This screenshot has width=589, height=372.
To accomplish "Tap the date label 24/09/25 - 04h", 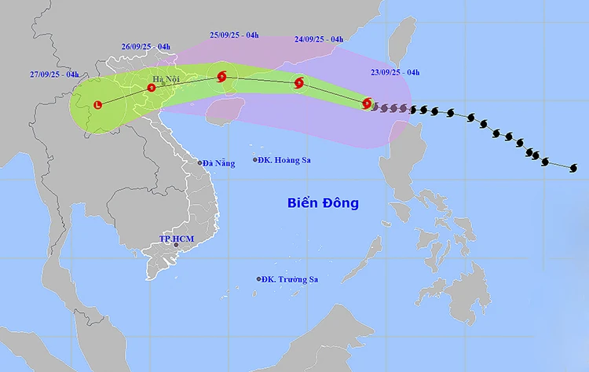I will [x=319, y=38].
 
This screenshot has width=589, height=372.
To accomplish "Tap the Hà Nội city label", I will [x=166, y=78].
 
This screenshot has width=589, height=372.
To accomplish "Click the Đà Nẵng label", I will [x=218, y=163].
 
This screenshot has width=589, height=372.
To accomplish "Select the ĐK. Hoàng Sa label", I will [x=285, y=160].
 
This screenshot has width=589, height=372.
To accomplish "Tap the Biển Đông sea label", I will [x=322, y=203].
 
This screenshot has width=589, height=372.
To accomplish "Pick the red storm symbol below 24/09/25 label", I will [x=299, y=82].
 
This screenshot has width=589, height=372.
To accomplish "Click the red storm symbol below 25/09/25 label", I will [x=221, y=77].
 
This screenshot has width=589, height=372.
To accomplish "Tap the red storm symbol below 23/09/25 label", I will [x=368, y=103].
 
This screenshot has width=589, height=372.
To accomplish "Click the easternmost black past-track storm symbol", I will [x=573, y=168].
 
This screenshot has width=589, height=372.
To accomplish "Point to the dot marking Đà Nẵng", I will [x=200, y=162].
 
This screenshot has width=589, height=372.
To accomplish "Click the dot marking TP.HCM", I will [x=176, y=246].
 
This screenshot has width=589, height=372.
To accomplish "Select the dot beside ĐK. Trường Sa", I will [x=258, y=279].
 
